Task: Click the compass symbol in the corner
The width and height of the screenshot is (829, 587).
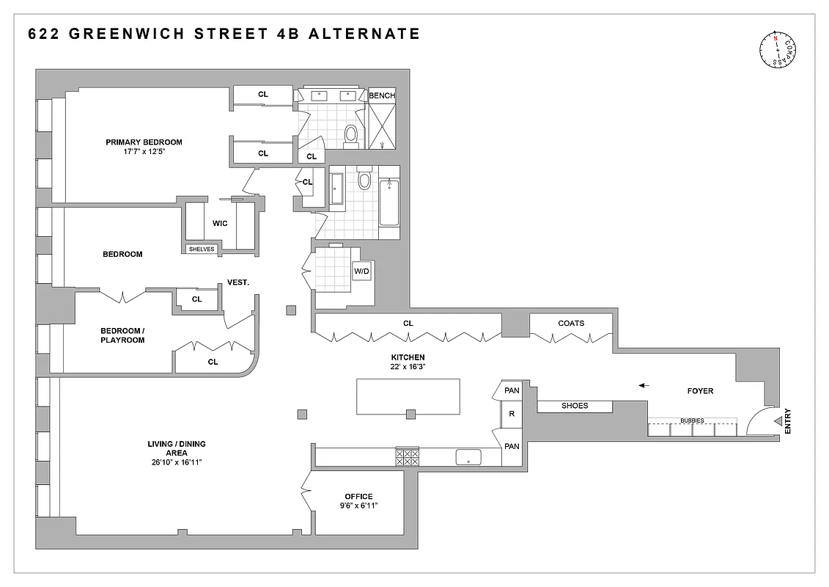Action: click(778, 50)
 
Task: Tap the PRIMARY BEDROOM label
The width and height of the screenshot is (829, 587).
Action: click(144, 142)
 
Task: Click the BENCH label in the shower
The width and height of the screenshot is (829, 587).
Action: click(381, 95)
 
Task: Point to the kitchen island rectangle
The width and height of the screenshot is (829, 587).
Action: click(408, 397)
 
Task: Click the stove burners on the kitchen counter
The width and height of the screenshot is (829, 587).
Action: click(407, 458)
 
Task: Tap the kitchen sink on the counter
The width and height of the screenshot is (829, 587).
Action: click(467, 458)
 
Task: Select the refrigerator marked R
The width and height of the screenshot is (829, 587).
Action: click(512, 415)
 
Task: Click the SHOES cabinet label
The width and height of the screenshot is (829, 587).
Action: click(575, 406)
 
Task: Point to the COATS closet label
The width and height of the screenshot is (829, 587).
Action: click(571, 323)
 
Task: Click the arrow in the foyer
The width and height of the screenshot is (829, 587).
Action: click(643, 384)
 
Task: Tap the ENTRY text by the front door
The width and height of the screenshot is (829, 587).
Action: click(788, 420)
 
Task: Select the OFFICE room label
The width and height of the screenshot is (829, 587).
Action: click(358, 497)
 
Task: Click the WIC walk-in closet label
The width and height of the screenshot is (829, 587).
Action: click(219, 224)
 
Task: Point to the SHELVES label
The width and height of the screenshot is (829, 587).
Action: click(202, 249)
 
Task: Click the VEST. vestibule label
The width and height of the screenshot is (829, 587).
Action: click(238, 282)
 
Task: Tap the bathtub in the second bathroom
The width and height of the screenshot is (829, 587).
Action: click(388, 202)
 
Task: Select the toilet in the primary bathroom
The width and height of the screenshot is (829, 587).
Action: click(350, 134)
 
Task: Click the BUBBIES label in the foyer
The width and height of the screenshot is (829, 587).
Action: click(691, 420)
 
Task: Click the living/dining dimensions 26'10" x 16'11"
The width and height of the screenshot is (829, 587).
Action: click(174, 462)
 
